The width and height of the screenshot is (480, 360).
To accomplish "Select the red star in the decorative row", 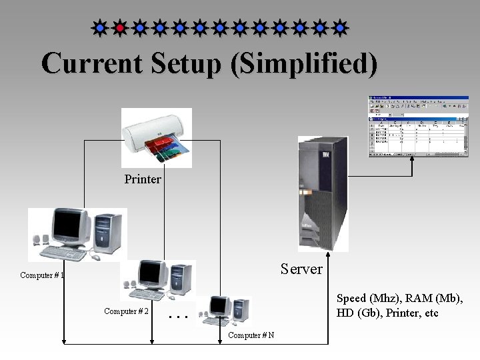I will [x=119, y=28].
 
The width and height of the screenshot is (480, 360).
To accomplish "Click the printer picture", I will [x=157, y=137].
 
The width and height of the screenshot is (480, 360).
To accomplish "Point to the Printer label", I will [x=143, y=179].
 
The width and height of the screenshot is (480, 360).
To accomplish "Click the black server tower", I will [x=323, y=193].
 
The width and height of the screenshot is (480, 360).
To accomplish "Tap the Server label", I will [x=301, y=269].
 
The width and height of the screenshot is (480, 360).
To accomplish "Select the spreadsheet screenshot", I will [x=419, y=127].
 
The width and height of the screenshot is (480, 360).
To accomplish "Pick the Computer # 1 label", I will [x=42, y=275].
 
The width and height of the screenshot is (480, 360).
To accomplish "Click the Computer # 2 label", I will [x=126, y=311].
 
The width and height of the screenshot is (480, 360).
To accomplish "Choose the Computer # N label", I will [x=251, y=335].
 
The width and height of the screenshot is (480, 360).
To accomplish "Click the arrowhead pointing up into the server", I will [x=329, y=255].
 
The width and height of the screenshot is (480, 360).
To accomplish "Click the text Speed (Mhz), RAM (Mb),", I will [x=399, y=299].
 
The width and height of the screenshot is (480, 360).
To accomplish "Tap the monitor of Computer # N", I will [x=221, y=305].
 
